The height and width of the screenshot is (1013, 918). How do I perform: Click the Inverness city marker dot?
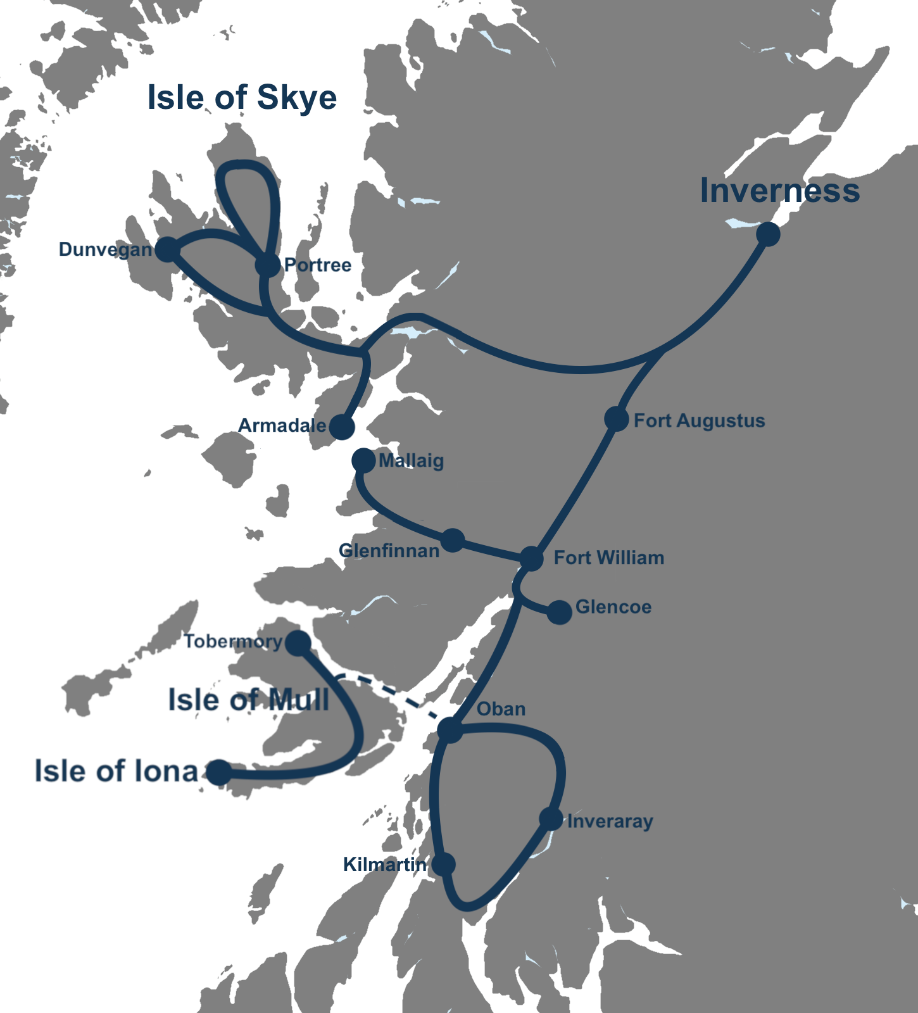click(768, 234)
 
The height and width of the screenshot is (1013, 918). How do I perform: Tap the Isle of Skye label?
click(242, 98)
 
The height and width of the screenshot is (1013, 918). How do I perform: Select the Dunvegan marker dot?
click(167, 249)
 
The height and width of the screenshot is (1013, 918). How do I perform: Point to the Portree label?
click(318, 265)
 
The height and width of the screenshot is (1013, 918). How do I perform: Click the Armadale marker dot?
click(342, 427)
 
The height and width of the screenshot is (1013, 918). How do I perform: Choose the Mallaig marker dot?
click(363, 460)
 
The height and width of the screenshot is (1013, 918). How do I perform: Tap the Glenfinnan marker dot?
click(453, 540)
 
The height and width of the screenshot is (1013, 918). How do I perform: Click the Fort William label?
click(609, 558)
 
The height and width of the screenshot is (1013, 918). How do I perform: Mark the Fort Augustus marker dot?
click(616, 418)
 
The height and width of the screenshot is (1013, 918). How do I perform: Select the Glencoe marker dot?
click(559, 612)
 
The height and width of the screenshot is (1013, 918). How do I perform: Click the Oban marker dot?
click(450, 730)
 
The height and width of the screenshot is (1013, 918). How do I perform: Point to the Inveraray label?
click(610, 822)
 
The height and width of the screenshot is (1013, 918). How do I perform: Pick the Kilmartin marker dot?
click(443, 864)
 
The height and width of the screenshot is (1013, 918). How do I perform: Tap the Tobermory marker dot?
click(298, 643)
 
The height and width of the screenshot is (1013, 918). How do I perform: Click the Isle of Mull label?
click(249, 700)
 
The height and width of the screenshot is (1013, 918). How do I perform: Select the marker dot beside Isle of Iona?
click(219, 772)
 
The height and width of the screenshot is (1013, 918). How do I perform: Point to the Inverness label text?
click(779, 191)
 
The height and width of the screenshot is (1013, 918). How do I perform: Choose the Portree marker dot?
click(268, 265)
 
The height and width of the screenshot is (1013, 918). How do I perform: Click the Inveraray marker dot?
click(551, 819)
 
